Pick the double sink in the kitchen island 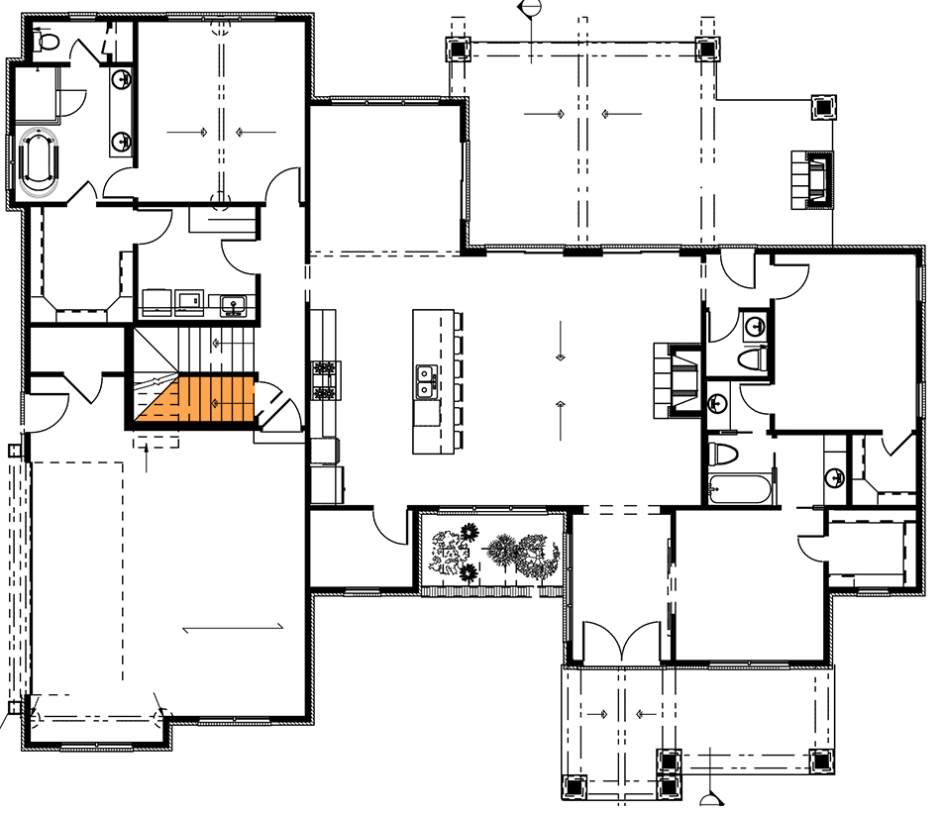pos(427,380)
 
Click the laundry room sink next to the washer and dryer pos(234,303)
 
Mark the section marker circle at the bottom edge pos(709,803)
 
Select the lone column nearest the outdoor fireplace pos(823,106)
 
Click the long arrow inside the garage pos(234,626)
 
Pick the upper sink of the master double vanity pos(122,79)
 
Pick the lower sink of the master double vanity pos(122,142)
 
